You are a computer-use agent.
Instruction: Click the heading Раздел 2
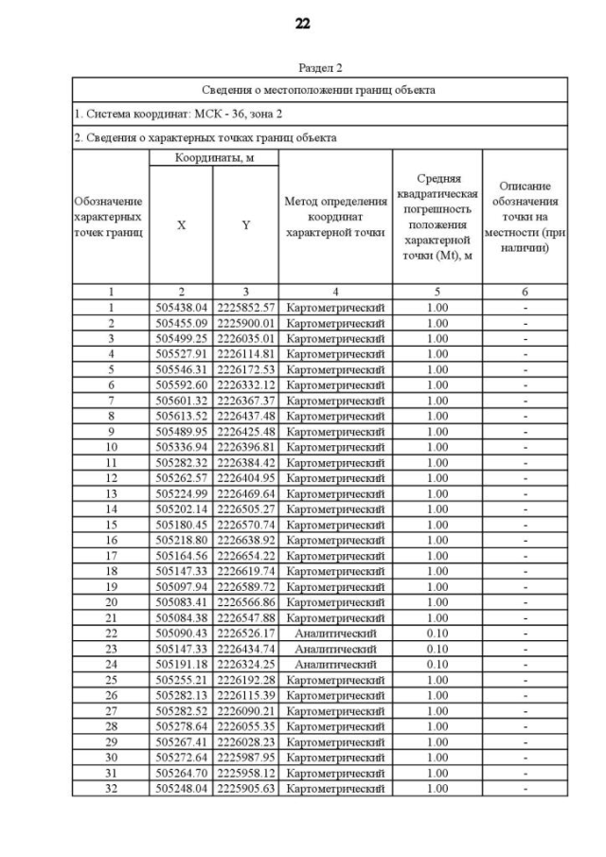[x=320, y=68]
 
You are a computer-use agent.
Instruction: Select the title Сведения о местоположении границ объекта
[x=320, y=90]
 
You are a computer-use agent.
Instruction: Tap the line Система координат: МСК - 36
[x=151, y=114]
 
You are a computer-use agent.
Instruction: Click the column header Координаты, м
[x=214, y=158]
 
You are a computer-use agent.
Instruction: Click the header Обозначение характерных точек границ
[x=110, y=217]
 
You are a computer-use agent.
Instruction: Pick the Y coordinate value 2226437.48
[x=245, y=416]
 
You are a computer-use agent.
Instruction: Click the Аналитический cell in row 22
[x=335, y=633]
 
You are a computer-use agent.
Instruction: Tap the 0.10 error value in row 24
[x=437, y=664]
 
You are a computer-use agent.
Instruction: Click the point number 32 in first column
[x=110, y=788]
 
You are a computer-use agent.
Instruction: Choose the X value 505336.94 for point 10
[x=182, y=447]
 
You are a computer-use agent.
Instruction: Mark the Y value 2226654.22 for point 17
[x=245, y=555]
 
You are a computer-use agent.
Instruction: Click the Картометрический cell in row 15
[x=335, y=525]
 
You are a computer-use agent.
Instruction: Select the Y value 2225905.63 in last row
[x=245, y=788]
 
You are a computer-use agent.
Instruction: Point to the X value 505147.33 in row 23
[x=182, y=649]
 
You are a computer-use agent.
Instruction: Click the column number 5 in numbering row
[x=437, y=292]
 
